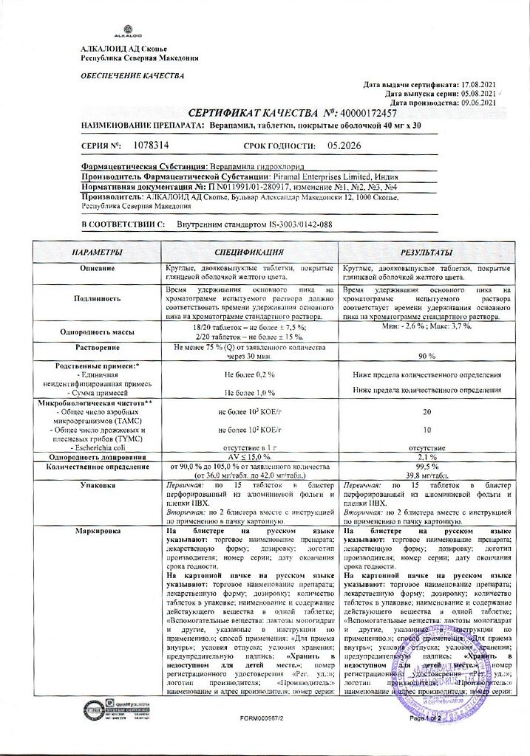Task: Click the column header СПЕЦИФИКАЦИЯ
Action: [x=249, y=253]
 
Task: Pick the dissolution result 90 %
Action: [x=426, y=356]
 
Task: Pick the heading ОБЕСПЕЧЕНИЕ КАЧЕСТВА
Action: [x=122, y=75]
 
